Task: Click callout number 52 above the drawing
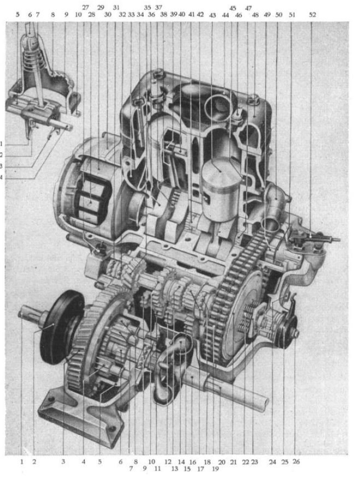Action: pos(312,15)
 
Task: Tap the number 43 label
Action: pos(213,15)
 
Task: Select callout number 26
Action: pos(296,462)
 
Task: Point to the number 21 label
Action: pos(233,462)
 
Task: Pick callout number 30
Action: pos(108,15)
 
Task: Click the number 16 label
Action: pos(192,462)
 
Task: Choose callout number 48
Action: pos(255,15)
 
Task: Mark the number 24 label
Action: pos(272,462)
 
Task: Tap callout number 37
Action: pos(158,7)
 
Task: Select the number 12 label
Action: pos(168,462)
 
